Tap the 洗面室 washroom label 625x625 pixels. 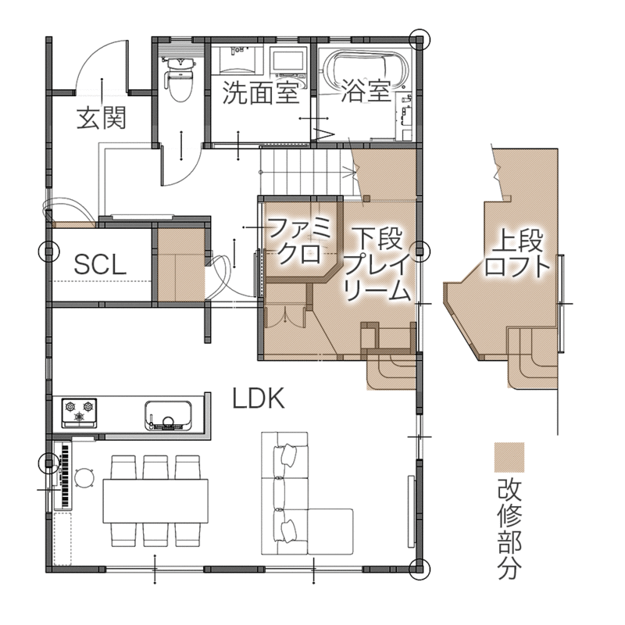pyautogui.click(x=260, y=92)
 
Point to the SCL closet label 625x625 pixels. pyautogui.click(x=101, y=264)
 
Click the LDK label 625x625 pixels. pyautogui.click(x=259, y=398)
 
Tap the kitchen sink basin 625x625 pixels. pyautogui.click(x=168, y=416)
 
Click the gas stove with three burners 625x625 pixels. pyautogui.click(x=80, y=412)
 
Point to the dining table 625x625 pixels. pyautogui.click(x=155, y=501)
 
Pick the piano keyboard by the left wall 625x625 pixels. pyautogui.click(x=66, y=475)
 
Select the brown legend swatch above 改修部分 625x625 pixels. pyautogui.click(x=509, y=457)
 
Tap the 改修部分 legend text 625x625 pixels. pyautogui.click(x=509, y=529)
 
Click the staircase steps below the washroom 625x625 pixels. pyautogui.click(x=303, y=170)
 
